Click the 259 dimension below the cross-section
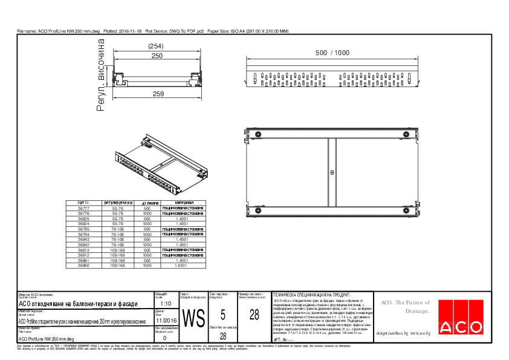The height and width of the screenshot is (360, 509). coord(158,94)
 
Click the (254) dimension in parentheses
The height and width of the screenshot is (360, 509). coord(157,47)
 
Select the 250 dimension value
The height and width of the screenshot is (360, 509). coord(157,56)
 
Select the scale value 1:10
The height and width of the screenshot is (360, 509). coord(166,304)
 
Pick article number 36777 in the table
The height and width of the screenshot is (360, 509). coord(83,208)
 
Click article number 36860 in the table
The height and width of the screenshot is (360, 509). coord(83,266)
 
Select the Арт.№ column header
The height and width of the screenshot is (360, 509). coord(83,203)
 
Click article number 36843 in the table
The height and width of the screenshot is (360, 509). coord(83,239)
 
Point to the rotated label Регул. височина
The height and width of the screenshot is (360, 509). coord(101,76)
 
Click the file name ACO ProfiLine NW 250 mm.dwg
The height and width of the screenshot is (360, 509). coord(46,339)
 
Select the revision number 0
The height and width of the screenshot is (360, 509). coord(165,338)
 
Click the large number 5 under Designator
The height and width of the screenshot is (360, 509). coord(223,315)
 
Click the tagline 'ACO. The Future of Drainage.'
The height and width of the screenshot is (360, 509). coord(404,307)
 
